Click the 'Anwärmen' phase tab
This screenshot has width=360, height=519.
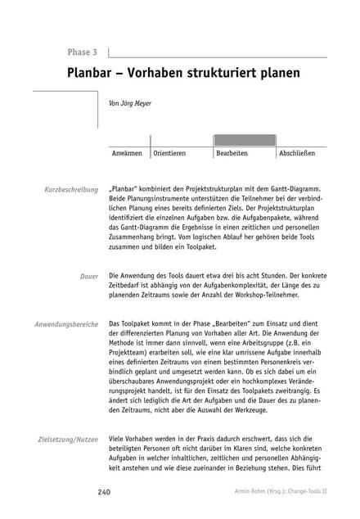pyautogui.click(x=128, y=153)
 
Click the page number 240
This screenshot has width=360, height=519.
pyautogui.click(x=104, y=492)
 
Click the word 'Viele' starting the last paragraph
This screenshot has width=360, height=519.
pyautogui.click(x=117, y=440)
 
